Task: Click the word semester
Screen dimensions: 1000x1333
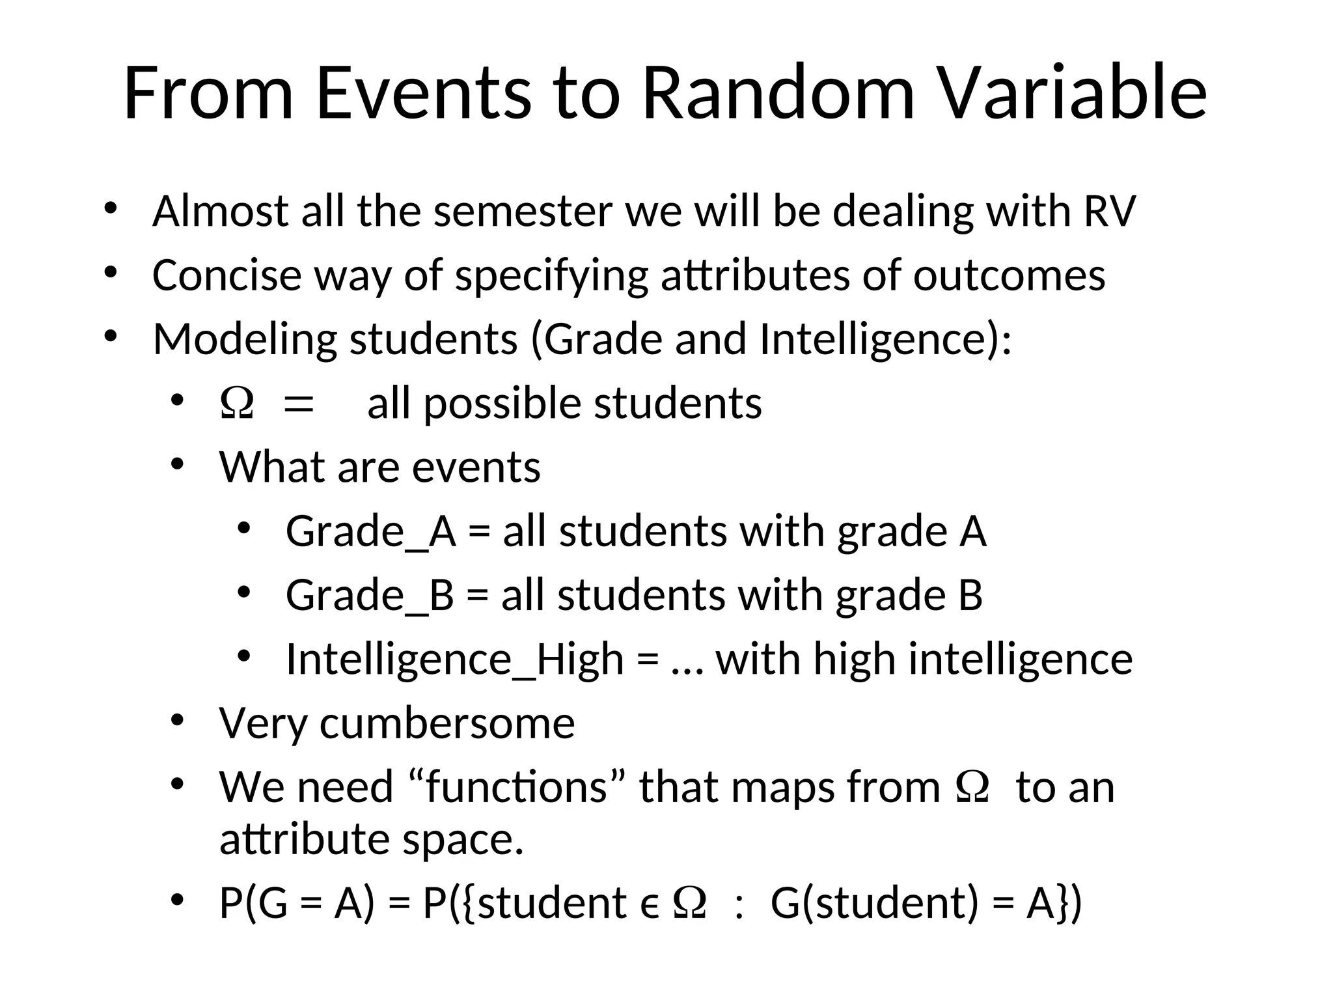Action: tap(523, 212)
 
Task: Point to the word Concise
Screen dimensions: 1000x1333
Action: tap(227, 275)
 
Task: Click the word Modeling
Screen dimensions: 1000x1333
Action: tap(245, 340)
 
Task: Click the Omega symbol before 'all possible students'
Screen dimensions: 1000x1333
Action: tap(237, 404)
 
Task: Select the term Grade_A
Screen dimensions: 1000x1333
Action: tap(370, 531)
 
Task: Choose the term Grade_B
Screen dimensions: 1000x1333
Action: tap(369, 595)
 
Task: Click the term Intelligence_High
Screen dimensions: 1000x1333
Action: tap(454, 659)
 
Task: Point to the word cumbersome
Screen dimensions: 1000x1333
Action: tap(447, 723)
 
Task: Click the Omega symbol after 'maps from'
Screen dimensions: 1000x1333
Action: tap(972, 787)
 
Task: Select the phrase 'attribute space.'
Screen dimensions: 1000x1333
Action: tap(371, 839)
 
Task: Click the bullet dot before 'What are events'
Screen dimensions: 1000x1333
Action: tap(178, 464)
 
